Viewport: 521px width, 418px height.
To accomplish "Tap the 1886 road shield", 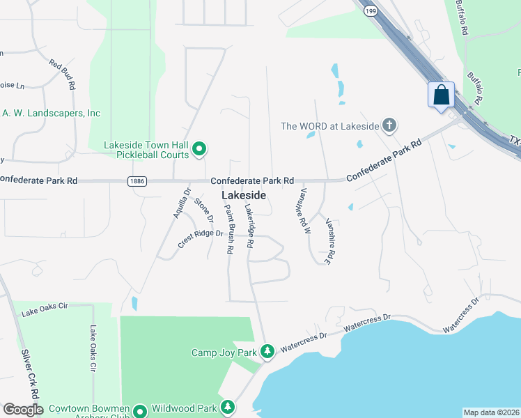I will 137,181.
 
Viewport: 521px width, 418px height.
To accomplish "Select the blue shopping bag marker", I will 442,95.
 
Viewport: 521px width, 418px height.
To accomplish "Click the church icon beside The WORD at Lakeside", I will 389,125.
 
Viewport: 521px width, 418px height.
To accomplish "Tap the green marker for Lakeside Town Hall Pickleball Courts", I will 199,148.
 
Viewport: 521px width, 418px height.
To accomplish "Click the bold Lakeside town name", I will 244,196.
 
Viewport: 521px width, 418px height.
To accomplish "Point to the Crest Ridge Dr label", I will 200,238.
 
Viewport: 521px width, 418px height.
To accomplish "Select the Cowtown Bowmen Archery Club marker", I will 139,411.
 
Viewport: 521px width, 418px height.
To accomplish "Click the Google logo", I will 23,409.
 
